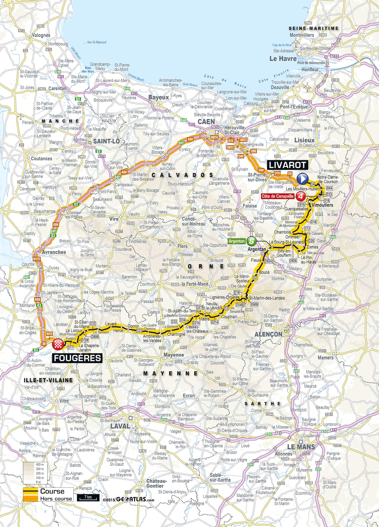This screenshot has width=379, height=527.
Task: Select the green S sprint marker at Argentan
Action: [251, 241]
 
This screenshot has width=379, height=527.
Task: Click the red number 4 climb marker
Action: [301, 196]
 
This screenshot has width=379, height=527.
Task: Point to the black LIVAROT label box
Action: [286, 165]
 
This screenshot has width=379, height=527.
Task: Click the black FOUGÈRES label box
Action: [77, 358]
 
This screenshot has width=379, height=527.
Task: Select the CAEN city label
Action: [206, 122]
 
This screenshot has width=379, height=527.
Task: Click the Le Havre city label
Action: [283, 59]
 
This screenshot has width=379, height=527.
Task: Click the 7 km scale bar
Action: [88, 498]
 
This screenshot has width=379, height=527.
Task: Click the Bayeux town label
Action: [158, 97]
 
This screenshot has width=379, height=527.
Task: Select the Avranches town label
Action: [54, 252]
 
